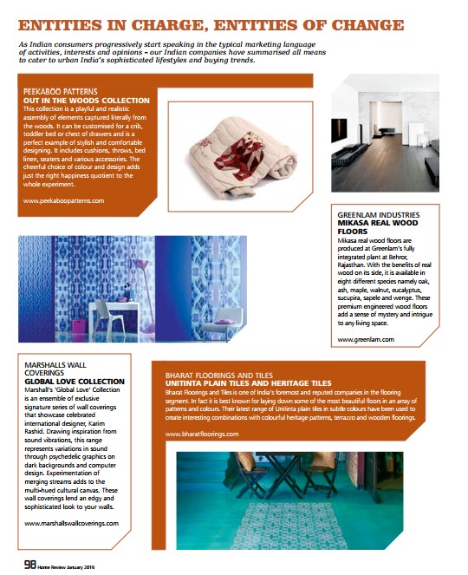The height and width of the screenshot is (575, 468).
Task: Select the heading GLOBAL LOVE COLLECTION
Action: (x=75, y=382)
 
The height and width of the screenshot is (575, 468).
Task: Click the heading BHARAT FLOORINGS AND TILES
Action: (x=219, y=375)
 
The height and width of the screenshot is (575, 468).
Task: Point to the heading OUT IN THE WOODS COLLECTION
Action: (x=87, y=100)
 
